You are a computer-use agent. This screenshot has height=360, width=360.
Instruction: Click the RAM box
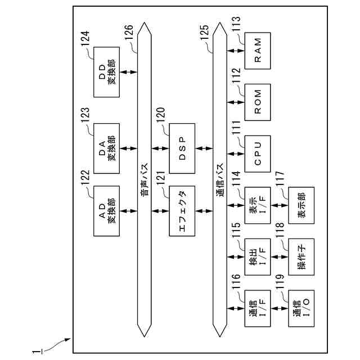pyautogui.click(x=258, y=50)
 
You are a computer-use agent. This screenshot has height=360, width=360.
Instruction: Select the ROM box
pyautogui.click(x=258, y=101)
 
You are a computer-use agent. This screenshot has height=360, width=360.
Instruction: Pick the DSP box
pyautogui.click(x=182, y=148)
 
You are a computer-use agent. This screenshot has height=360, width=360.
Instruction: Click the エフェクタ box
pyautogui.click(x=182, y=211)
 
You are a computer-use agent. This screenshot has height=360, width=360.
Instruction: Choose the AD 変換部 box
pyautogui.click(x=106, y=211)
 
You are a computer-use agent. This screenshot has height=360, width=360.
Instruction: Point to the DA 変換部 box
pyautogui.click(x=106, y=148)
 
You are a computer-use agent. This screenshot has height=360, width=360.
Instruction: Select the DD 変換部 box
pyautogui.click(x=106, y=72)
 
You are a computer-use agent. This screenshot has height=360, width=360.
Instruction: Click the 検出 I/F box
pyautogui.click(x=258, y=256)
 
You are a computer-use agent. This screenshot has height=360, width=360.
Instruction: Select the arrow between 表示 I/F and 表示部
pyautogui.click(x=280, y=205)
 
